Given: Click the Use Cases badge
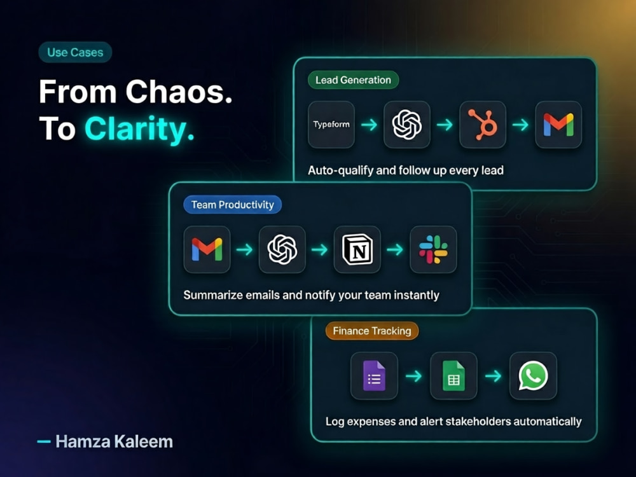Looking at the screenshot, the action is [75, 52].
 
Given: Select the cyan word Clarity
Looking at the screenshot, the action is [139, 129].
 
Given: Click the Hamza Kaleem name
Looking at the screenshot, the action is [114, 441].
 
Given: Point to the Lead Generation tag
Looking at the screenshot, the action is [353, 80].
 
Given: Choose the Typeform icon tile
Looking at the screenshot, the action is [331, 125].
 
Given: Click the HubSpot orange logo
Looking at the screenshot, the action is [483, 125].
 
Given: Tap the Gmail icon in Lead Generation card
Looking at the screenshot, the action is [558, 125].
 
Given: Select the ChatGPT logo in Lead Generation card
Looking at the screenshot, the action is [407, 125].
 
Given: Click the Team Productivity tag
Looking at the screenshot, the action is [232, 205].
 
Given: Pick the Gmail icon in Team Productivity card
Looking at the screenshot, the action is [207, 249].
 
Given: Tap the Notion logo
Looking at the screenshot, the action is [357, 249].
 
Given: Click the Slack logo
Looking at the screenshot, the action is [433, 249].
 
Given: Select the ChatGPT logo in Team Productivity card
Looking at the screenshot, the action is [282, 249].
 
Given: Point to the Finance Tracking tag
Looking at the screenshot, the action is [372, 331].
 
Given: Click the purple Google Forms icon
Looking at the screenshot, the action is [374, 376].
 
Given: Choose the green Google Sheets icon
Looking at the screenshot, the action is [453, 376].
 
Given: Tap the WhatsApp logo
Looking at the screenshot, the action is [533, 376].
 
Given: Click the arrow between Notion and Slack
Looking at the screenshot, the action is [395, 249].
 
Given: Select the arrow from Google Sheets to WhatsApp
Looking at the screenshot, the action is [494, 376].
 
